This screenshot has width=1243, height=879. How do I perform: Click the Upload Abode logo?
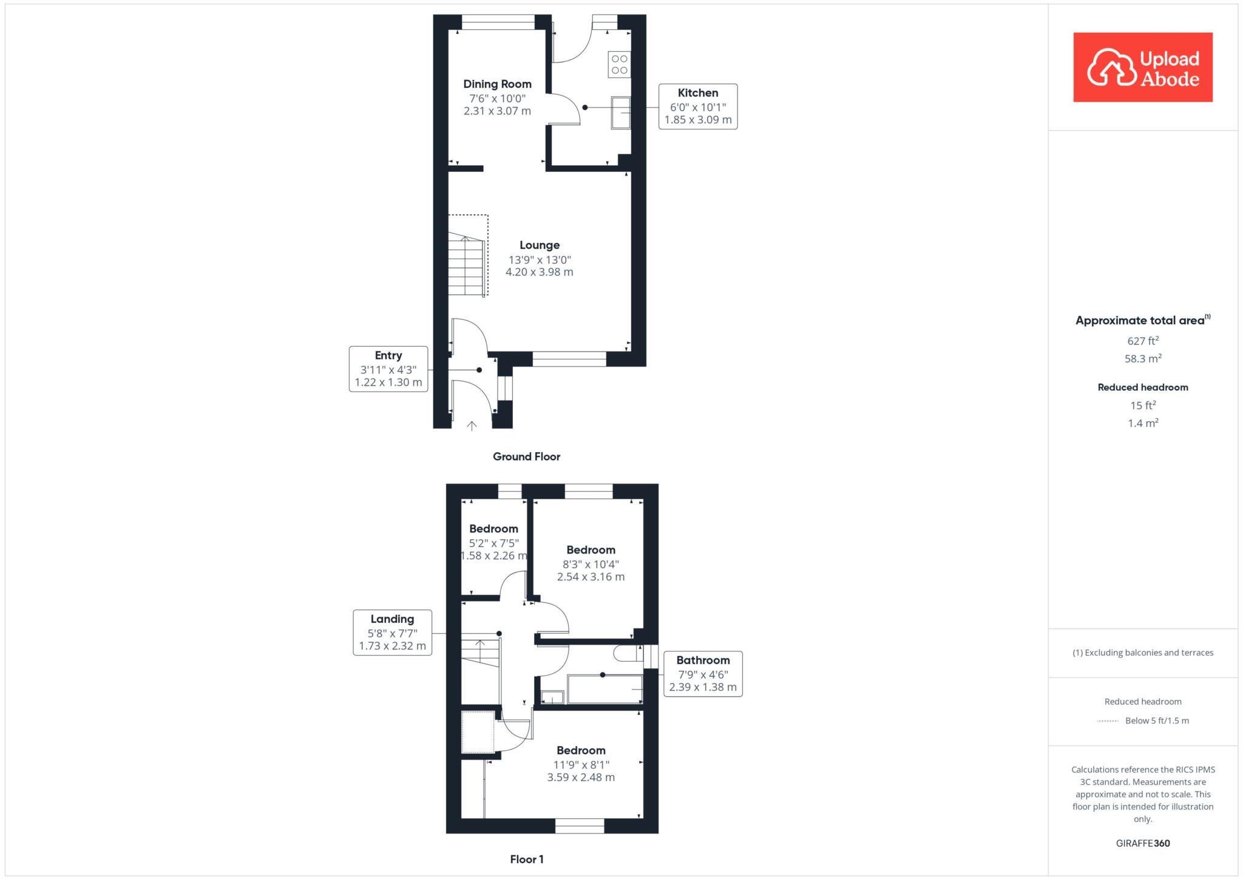(1142, 67)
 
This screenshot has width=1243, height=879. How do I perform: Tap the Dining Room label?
(497, 84)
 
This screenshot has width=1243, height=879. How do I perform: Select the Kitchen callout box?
(698, 107)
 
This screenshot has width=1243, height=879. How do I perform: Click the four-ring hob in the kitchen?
(619, 65)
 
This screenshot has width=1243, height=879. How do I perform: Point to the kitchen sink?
(620, 112)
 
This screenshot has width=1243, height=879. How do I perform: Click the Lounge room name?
(539, 245)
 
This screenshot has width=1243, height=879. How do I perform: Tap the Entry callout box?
(388, 369)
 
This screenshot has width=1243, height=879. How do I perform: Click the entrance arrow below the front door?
(472, 426)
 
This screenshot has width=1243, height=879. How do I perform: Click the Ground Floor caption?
(526, 456)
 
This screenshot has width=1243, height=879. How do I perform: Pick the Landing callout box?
(393, 633)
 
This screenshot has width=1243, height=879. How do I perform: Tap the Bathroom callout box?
(703, 674)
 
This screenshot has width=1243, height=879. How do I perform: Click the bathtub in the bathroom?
(605, 689)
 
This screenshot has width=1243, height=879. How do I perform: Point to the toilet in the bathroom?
(626, 653)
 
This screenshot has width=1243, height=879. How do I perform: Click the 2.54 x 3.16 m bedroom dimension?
(591, 577)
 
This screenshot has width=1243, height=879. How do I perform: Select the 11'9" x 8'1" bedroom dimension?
(581, 764)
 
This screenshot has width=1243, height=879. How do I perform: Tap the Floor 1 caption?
(526, 859)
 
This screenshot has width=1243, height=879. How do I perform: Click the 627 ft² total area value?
(1143, 341)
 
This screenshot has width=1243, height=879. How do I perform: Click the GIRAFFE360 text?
(1143, 843)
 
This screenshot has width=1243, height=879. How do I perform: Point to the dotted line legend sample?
(1108, 721)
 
